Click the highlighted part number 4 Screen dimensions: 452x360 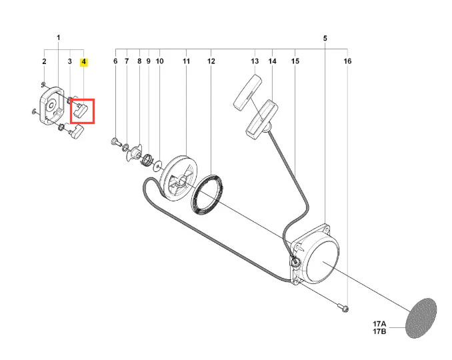pyautogui.click(x=84, y=62)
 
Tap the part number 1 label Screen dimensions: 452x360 pyautogui.click(x=59, y=38)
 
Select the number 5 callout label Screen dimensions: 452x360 pyautogui.click(x=325, y=39)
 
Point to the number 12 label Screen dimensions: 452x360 pyautogui.click(x=211, y=61)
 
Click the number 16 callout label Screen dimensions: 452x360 pyautogui.click(x=347, y=61)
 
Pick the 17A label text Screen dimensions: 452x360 pyautogui.click(x=379, y=325)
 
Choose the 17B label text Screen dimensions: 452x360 pyautogui.click(x=379, y=331)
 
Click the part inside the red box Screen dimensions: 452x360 pyautogui.click(x=81, y=111)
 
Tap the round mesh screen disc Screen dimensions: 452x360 pyautogui.click(x=421, y=318)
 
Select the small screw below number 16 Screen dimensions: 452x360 pyautogui.click(x=343, y=307)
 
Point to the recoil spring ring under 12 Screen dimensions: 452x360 pyautogui.click(x=207, y=195)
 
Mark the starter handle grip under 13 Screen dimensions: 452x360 pyautogui.click(x=247, y=92)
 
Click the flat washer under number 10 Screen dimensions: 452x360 pyautogui.click(x=158, y=166)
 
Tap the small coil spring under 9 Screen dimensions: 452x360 pyautogui.click(x=147, y=159)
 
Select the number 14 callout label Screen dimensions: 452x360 pyautogui.click(x=273, y=61)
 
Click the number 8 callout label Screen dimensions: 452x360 pyautogui.click(x=139, y=61)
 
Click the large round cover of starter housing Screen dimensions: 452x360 pyautogui.click(x=322, y=261)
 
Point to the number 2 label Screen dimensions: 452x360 pyautogui.click(x=44, y=61)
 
